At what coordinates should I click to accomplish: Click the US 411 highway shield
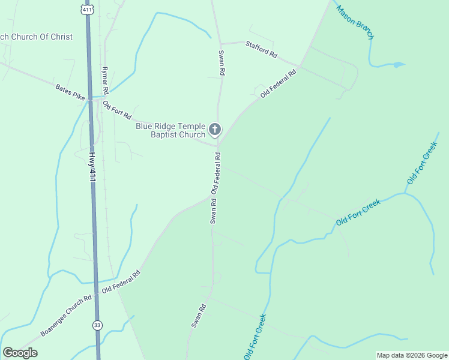coord(89,10)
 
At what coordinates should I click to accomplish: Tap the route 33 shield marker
coord(97,325)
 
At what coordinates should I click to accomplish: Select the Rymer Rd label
coord(105,80)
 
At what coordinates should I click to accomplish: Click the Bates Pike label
coord(71,91)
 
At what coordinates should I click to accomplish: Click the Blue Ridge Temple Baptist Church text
coord(170,130)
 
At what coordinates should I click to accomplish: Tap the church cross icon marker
coord(214,129)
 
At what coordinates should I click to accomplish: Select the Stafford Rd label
coord(261,50)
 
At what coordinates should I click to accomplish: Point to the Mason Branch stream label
coord(355,23)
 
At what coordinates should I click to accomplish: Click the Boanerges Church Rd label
coord(66,315)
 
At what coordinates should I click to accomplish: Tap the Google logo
coord(20,353)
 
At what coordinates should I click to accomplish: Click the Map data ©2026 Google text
coord(412,355)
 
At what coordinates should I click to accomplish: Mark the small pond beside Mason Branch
coord(397,64)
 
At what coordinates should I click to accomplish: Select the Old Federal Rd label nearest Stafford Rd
coord(279,85)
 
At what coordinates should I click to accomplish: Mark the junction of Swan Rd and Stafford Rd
coord(220,44)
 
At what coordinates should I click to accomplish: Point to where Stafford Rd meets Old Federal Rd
coord(300,65)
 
